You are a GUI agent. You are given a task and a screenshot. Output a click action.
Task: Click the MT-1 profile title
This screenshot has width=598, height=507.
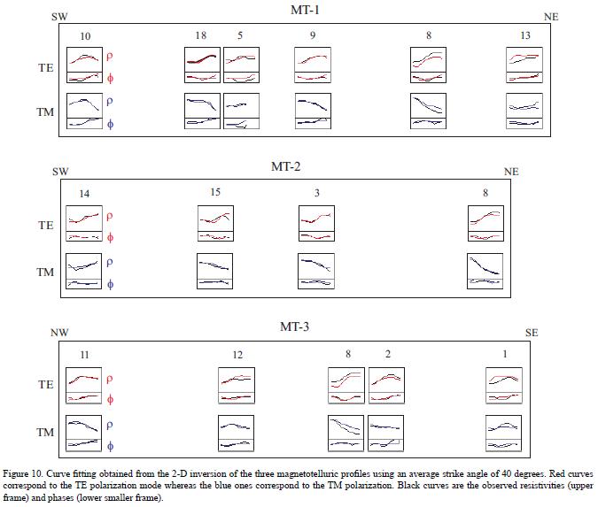306,10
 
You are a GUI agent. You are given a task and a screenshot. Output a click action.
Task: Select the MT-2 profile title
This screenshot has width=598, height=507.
286,165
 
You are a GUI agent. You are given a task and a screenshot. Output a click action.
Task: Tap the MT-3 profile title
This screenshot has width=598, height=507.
294,327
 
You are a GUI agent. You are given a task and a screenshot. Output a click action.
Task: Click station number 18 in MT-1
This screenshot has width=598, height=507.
201,35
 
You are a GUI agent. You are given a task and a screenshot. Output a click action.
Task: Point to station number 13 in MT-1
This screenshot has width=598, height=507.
525,35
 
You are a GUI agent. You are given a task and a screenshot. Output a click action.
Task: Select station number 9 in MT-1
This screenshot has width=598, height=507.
313,35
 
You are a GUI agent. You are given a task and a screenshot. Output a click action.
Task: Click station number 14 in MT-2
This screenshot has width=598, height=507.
83,193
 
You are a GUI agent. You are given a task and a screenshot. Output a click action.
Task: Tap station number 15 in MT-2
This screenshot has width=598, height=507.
214,193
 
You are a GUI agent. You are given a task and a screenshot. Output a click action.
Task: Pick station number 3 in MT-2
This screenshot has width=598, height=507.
316,193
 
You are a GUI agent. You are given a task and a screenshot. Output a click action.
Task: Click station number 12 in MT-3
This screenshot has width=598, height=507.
237,355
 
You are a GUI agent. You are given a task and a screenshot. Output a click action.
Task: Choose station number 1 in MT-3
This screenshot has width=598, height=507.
505,354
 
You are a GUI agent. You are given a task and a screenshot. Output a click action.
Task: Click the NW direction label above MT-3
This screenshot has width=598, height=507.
60,333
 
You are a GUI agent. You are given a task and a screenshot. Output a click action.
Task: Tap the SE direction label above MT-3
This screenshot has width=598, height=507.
532,333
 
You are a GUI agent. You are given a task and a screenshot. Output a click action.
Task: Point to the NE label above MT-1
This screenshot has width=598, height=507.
551,17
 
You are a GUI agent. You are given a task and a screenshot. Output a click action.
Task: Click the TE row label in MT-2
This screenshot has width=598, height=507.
45,226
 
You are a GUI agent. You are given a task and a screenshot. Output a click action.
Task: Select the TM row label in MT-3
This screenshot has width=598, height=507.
45,433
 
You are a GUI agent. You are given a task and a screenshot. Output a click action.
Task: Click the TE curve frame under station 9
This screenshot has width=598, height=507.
313,66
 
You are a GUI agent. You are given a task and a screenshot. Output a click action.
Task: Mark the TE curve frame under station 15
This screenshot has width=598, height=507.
215,224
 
